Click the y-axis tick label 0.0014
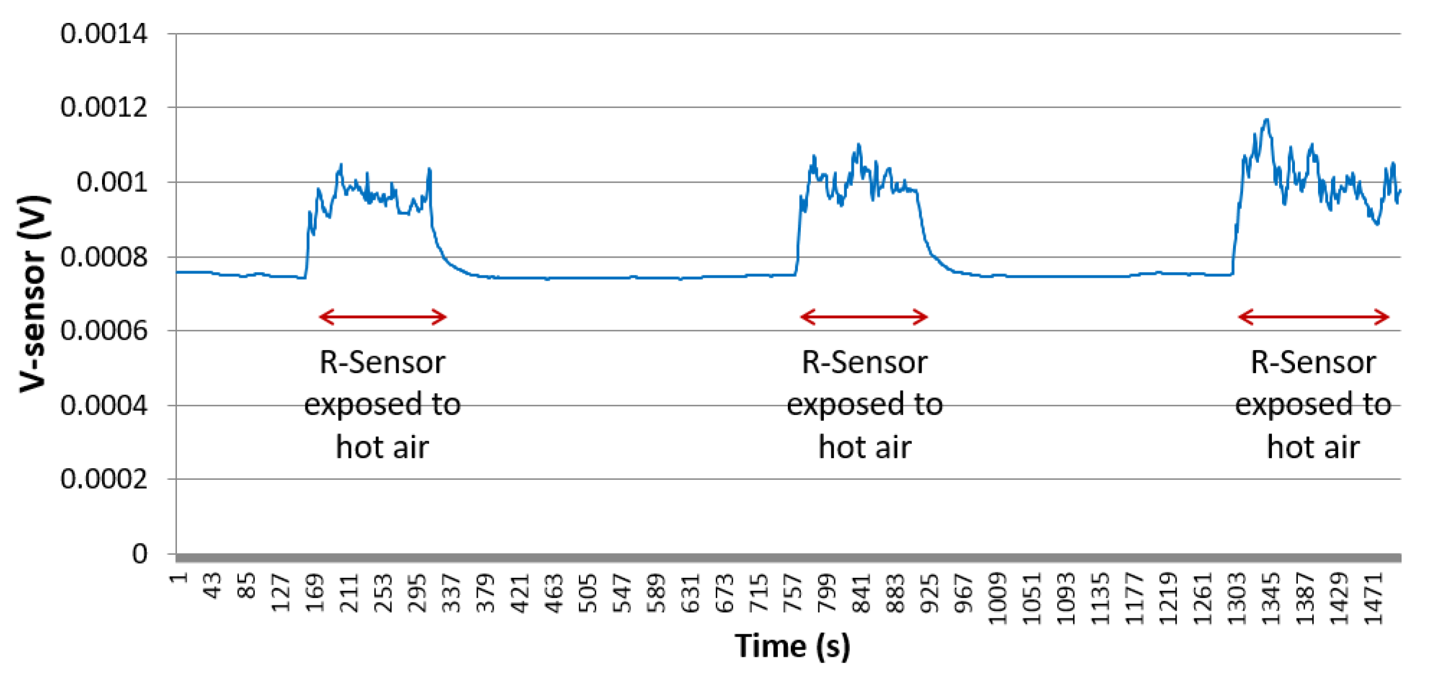pos(104,34)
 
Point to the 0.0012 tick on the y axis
pos(104,107)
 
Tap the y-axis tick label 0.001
pos(112,182)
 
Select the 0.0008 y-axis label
pos(104,257)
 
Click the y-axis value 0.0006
pos(104,331)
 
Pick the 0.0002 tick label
pos(104,479)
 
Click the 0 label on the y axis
pos(140,554)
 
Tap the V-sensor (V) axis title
pos(33,294)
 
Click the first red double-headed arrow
pos(383,317)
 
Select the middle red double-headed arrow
pos(864,317)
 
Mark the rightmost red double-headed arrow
pos(1313,317)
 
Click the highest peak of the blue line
pos(1267,120)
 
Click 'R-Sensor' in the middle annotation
pos(864,362)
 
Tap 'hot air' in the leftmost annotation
pos(382,447)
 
